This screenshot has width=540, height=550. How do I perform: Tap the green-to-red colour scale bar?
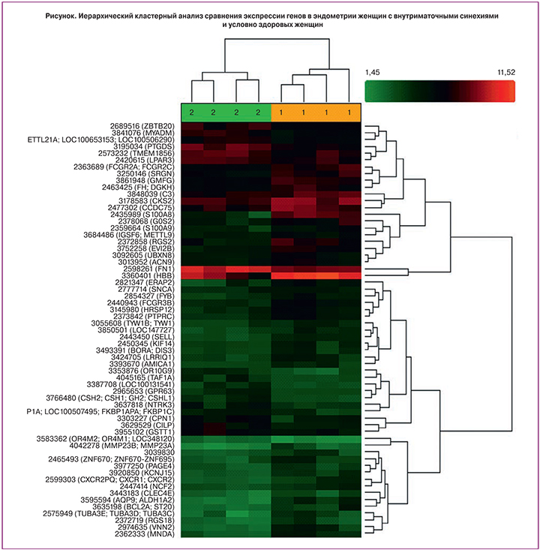(x=439, y=91)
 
